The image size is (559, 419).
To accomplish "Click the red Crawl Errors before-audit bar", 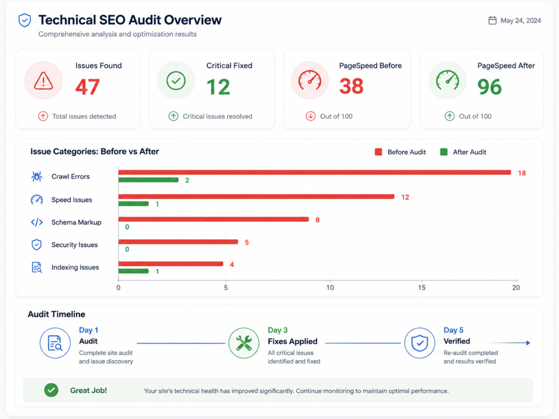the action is pos(314,173).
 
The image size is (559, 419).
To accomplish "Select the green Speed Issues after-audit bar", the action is pos(134,204).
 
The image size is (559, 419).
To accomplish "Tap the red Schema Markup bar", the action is pos(214,220).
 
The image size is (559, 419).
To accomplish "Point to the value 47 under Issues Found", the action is pos(87,87).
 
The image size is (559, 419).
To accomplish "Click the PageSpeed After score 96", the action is pos(490,87).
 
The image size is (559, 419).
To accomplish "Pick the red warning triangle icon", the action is pos(44,80).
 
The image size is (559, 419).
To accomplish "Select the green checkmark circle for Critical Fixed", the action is pos(176,80).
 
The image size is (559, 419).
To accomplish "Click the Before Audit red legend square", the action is pos(378,152).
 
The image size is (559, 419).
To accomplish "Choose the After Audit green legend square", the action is pos(444,152).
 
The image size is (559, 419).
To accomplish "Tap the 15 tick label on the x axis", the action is pos(421,288).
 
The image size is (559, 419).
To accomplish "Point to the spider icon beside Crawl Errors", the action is pos(37,177).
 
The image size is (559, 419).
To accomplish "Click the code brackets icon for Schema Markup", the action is pos(37,222).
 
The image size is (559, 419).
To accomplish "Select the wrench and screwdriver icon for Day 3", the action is pos(244,343).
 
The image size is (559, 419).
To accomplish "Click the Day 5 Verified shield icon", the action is pos(420,343).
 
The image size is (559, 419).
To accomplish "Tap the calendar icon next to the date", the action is pos(492,20).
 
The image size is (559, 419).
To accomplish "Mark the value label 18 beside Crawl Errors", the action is pos(522,173).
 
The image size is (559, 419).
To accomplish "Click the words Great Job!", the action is pos(88,391).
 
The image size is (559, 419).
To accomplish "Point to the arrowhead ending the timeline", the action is pos(528,343).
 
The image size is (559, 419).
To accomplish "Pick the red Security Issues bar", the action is pos(178,242).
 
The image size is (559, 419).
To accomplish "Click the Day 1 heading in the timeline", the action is pos(88,330).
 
